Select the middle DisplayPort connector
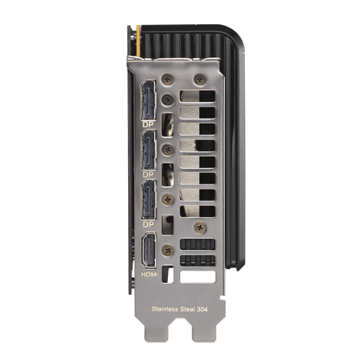coord(149,150)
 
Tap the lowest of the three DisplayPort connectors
coord(149,200)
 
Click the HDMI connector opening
coord(149,250)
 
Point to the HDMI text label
coord(150,274)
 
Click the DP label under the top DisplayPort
coord(149,125)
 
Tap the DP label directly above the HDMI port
coord(149,224)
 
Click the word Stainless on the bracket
coord(164,309)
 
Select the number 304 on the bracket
coord(202,310)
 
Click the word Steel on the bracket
coord(187,309)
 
